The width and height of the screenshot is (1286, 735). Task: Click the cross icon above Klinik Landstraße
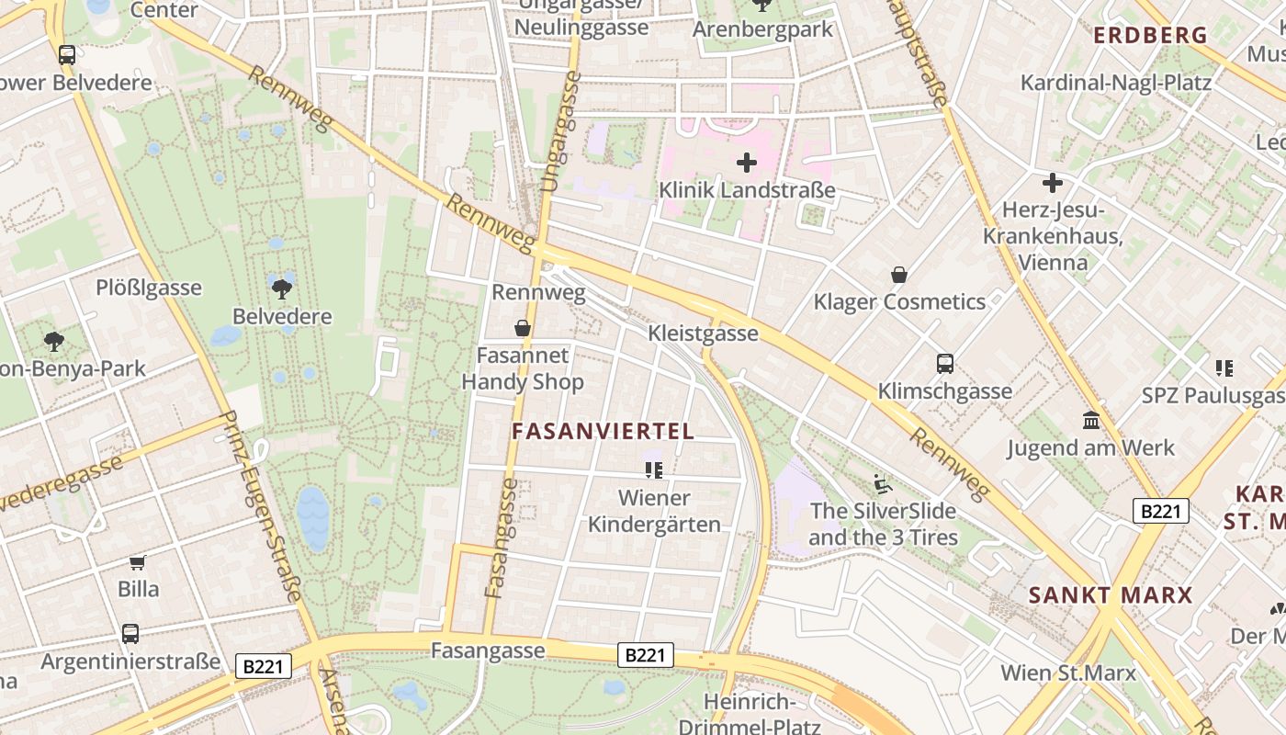point(747,164)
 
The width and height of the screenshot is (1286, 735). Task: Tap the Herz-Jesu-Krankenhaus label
point(1052,236)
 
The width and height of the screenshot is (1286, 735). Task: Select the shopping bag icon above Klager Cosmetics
point(899,275)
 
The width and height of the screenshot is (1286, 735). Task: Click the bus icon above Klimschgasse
point(945,364)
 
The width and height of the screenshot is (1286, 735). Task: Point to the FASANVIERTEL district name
point(603,431)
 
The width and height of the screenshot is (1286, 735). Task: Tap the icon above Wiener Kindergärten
point(654,470)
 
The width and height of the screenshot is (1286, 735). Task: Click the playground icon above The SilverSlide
point(883,483)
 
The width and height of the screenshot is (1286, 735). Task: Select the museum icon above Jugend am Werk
point(1091,421)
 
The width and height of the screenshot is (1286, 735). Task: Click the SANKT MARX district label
point(1110,594)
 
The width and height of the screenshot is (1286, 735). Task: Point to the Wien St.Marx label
point(1067,673)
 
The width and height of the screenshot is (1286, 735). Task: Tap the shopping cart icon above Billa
point(138,562)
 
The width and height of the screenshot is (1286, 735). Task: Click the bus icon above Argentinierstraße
point(130,634)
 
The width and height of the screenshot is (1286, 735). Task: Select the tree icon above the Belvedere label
point(282,288)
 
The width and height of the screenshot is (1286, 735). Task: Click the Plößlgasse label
point(149,288)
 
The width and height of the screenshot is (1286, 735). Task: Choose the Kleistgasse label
point(703,333)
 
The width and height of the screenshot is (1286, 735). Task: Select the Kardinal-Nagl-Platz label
point(1116,83)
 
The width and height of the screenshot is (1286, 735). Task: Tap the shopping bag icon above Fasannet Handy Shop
point(523,328)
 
